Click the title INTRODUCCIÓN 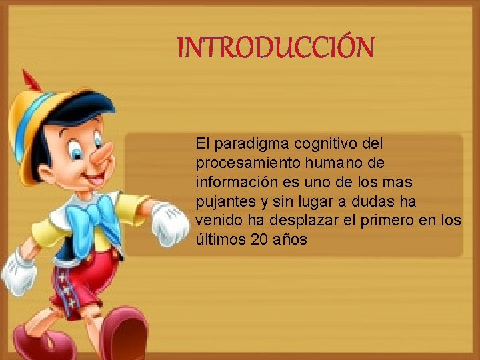pyautogui.click(x=275, y=47)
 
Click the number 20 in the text pyautogui.click(x=261, y=239)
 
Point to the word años pyautogui.click(x=291, y=239)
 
